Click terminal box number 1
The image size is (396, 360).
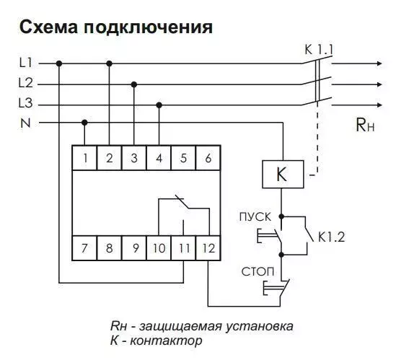[x=84, y=158]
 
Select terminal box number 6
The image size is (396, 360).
[x=208, y=158]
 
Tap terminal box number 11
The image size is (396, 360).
[x=184, y=248]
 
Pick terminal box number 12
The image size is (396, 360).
[x=208, y=248]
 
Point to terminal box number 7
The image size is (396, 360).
[x=84, y=248]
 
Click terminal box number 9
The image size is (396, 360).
[x=134, y=248]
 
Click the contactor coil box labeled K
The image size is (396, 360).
[x=283, y=175]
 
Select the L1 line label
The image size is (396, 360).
[x=25, y=63]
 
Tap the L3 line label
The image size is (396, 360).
[x=26, y=103]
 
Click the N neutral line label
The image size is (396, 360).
[x=25, y=123]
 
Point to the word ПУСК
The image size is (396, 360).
[x=255, y=217]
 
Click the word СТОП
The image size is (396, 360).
[x=258, y=272]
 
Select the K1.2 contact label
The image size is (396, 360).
[x=331, y=237]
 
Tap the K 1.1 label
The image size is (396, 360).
[x=320, y=50]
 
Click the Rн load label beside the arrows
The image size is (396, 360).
[x=365, y=125]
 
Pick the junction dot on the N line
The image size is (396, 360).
[x=84, y=123]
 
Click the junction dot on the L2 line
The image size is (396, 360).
[x=134, y=84]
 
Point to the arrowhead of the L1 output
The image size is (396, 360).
[x=379, y=63]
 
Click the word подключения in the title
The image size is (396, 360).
[x=149, y=27]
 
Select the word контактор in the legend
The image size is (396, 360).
[x=166, y=341]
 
